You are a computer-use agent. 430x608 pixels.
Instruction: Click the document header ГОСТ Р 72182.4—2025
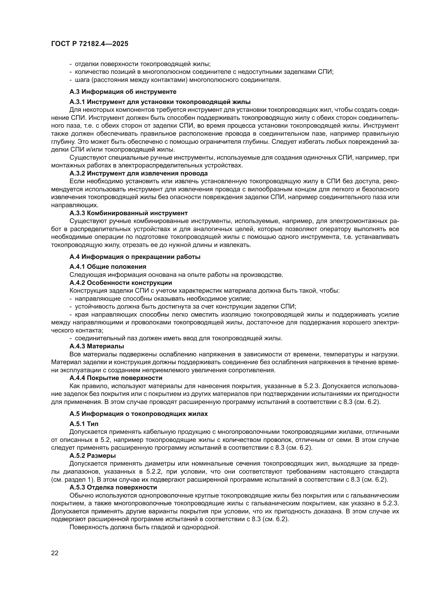tap(90, 44)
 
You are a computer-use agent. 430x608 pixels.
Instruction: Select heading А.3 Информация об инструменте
tap(123, 92)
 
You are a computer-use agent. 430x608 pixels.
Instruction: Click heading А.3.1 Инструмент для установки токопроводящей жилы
tap(160, 102)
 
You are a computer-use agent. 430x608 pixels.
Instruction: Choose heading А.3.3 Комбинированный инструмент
tap(128, 213)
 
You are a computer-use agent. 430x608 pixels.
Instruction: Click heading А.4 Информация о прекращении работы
tap(135, 257)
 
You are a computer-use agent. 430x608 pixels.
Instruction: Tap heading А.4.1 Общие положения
tap(108, 266)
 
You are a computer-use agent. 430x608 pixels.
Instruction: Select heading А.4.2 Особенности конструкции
tap(121, 283)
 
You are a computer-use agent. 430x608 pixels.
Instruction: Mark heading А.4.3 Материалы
tap(97, 346)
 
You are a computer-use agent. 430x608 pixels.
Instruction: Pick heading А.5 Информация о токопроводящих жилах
tap(139, 414)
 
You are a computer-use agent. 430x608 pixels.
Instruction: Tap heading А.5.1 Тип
tap(84, 424)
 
